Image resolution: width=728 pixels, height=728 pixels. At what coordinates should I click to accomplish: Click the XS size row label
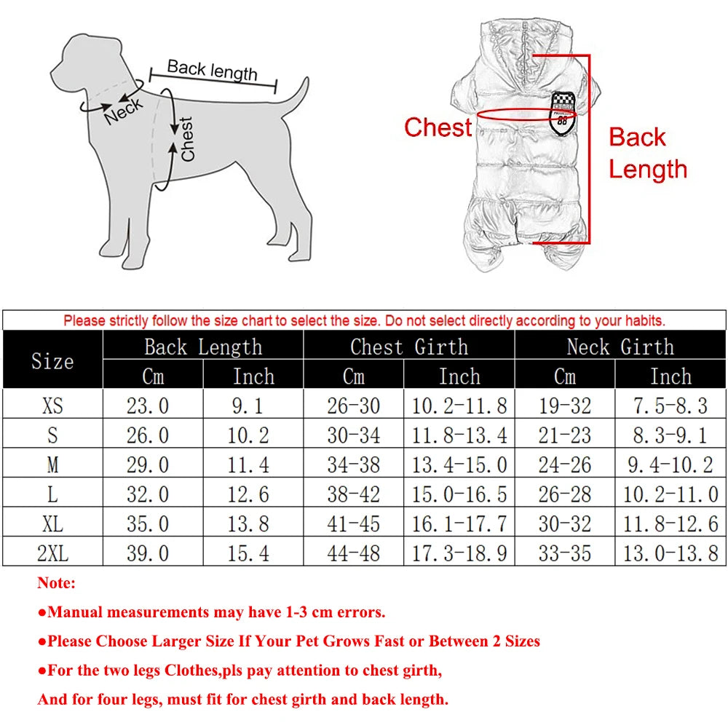click(x=52, y=405)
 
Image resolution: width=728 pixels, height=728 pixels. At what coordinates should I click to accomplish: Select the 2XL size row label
click(x=52, y=553)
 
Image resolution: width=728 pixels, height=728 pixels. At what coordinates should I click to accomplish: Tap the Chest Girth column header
click(x=408, y=347)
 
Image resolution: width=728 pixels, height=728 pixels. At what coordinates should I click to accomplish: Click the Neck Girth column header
click(x=620, y=347)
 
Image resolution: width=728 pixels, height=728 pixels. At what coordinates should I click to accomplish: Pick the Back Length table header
click(x=202, y=347)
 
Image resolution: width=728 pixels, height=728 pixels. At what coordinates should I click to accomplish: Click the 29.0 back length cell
click(x=148, y=464)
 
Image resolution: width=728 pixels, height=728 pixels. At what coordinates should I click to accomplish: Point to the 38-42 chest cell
click(x=353, y=494)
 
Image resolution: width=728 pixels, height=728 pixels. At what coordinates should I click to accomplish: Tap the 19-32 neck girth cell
click(x=564, y=405)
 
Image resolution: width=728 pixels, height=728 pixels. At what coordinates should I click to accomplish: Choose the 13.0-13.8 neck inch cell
click(x=670, y=553)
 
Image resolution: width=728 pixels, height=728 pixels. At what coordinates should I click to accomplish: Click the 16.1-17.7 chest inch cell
click(x=459, y=523)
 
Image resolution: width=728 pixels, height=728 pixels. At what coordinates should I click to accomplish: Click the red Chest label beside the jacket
click(x=438, y=127)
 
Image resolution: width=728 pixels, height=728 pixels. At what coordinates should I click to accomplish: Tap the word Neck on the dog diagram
click(x=123, y=111)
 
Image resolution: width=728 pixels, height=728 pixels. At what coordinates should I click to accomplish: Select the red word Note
click(x=56, y=583)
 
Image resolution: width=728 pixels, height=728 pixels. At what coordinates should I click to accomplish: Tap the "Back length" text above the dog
click(x=212, y=71)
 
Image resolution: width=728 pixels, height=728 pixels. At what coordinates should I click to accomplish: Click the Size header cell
click(x=52, y=361)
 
